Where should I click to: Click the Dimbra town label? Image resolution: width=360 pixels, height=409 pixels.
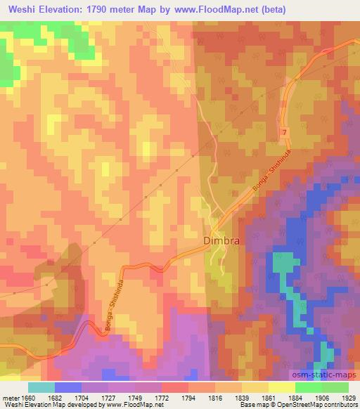tap(221, 240)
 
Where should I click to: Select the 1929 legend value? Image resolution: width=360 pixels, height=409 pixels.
tap(349, 398)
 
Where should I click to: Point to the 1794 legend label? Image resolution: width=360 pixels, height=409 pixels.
tap(190, 398)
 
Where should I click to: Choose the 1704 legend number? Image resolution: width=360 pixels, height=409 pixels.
tap(82, 398)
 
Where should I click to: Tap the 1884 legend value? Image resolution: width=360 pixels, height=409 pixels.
tap(296, 398)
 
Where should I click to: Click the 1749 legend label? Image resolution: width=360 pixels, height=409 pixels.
tap(136, 398)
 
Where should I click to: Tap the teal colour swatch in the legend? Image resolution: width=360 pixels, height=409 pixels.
tap(41, 388)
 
